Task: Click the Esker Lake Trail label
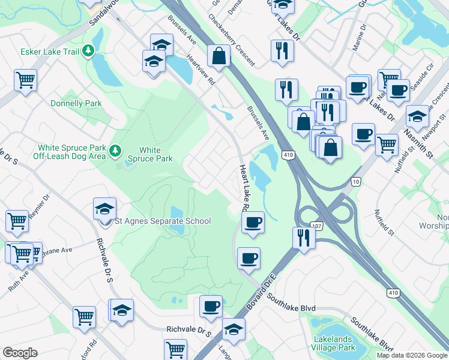pyautogui.click(x=50, y=52)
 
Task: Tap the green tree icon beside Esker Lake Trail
pyautogui.click(x=89, y=51)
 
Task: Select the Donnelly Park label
pyautogui.click(x=76, y=103)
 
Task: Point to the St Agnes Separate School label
pyautogui.click(x=163, y=221)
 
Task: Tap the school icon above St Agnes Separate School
pyautogui.click(x=104, y=209)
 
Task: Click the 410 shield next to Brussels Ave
pyautogui.click(x=289, y=155)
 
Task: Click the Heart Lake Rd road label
pyautogui.click(x=244, y=188)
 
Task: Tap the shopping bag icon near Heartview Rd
pyautogui.click(x=218, y=56)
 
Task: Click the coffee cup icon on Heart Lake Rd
pyautogui.click(x=253, y=223)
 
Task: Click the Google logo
pyautogui.click(x=20, y=353)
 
